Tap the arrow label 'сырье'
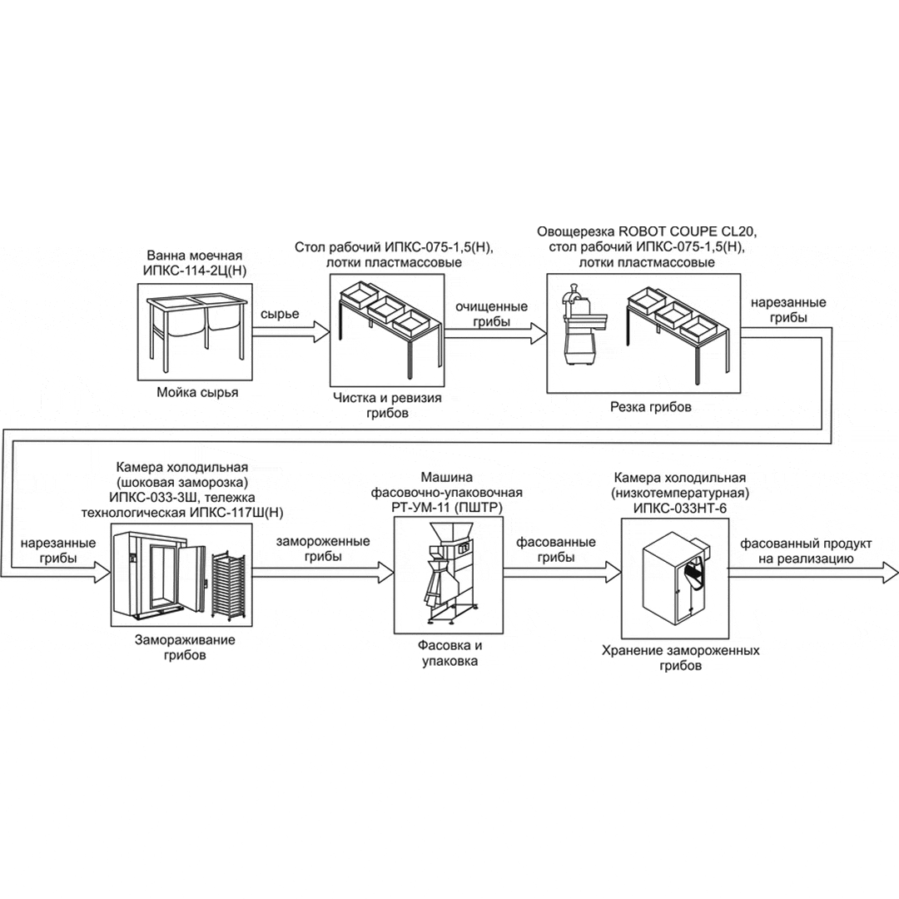point(280,315)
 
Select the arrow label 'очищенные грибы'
point(491,314)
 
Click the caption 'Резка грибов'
point(649,408)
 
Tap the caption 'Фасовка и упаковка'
point(449,653)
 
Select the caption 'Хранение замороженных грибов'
point(681,658)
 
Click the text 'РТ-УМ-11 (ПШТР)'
point(449,507)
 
